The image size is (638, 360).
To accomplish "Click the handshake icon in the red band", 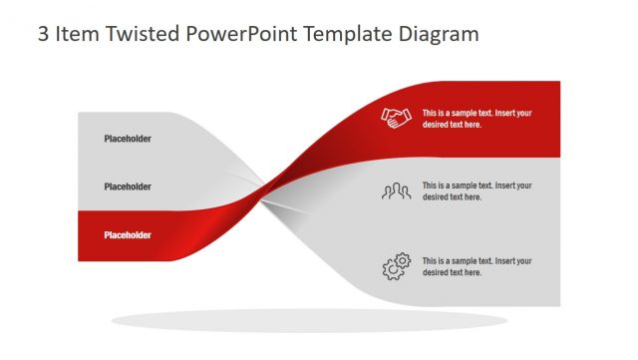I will pyautogui.click(x=397, y=119).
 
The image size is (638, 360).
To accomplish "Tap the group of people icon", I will pyautogui.click(x=396, y=191).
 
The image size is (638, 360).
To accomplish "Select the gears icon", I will pyautogui.click(x=396, y=266).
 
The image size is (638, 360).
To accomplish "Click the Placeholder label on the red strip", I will pyautogui.click(x=128, y=235).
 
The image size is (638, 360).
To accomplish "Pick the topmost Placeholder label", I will pyautogui.click(x=128, y=139).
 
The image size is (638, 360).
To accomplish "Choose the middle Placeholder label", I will pyautogui.click(x=128, y=186).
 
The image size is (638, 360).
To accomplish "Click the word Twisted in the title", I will pyautogui.click(x=140, y=34).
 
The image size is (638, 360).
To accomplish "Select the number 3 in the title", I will pyautogui.click(x=44, y=34).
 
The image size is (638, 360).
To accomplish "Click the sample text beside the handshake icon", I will pyautogui.click(x=477, y=119).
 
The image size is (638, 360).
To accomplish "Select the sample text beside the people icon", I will pyautogui.click(x=477, y=191).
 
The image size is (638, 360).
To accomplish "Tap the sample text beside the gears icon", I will pyautogui.click(x=477, y=266).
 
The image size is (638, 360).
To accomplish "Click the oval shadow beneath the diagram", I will pyautogui.click(x=309, y=321).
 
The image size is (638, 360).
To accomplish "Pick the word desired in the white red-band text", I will pyautogui.click(x=438, y=125).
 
